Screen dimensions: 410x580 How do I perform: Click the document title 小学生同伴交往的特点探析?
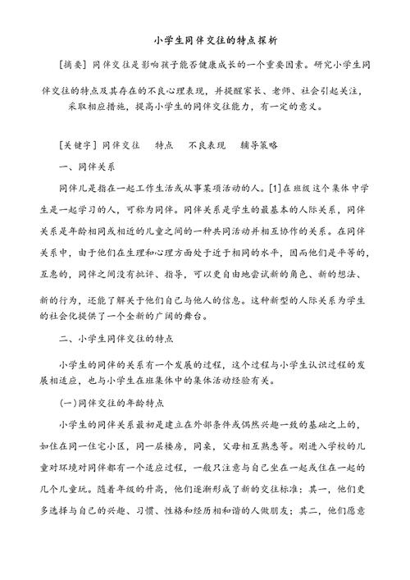[x=205, y=39]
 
